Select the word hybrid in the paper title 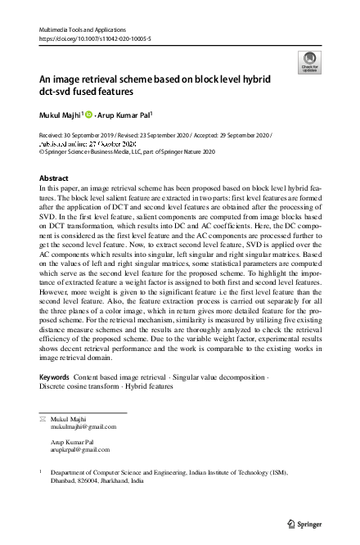click(x=266, y=80)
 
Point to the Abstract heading click(x=55, y=177)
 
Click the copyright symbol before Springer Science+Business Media click(x=43, y=151)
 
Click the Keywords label click(x=54, y=377)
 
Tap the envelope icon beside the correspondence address click(x=43, y=418)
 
